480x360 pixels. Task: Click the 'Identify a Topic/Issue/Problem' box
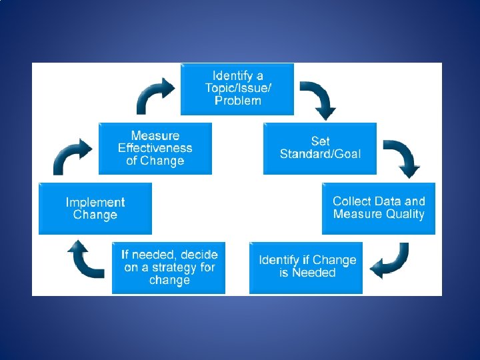pyautogui.click(x=237, y=89)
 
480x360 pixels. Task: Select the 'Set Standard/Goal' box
pyautogui.click(x=320, y=148)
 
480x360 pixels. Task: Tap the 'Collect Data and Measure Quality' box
pyautogui.click(x=378, y=208)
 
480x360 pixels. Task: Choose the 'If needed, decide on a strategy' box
pyautogui.click(x=169, y=267)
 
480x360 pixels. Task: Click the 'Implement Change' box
pyautogui.click(x=95, y=208)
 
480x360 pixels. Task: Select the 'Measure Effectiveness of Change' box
pyautogui.click(x=155, y=148)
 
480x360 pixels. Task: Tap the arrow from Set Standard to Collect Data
pyautogui.click(x=402, y=159)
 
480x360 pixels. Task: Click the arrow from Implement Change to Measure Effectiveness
pyautogui.click(x=72, y=157)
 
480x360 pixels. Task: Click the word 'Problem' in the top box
pyautogui.click(x=238, y=101)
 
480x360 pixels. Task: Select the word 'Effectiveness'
pyautogui.click(x=155, y=148)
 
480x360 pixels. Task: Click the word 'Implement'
pyautogui.click(x=95, y=202)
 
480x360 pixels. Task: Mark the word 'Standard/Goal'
pyautogui.click(x=320, y=154)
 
